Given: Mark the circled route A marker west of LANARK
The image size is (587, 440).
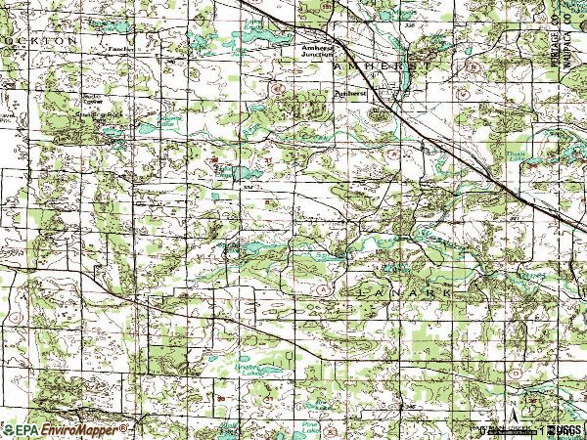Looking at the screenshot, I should [322, 290].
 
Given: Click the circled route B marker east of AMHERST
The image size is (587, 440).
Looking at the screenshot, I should [473, 68].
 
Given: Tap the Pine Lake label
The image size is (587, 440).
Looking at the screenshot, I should [311, 425].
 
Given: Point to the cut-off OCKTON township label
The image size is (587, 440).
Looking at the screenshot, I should [39, 41].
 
